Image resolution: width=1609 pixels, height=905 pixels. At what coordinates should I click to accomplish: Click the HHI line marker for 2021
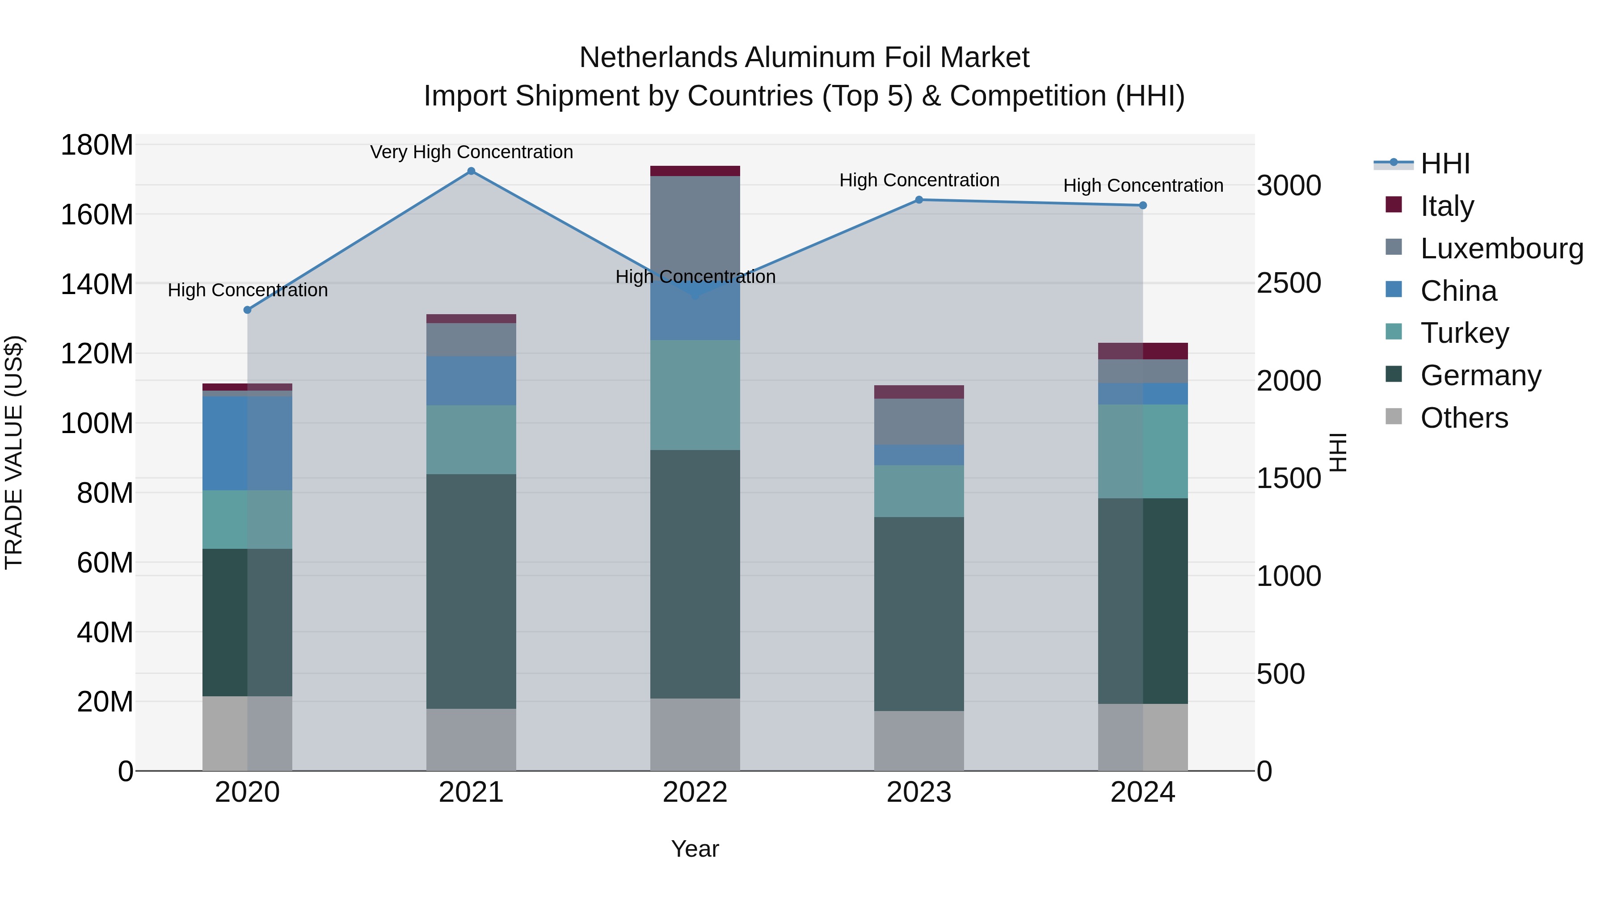tap(471, 171)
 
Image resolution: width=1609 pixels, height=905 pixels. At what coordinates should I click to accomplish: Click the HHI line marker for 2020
tap(247, 310)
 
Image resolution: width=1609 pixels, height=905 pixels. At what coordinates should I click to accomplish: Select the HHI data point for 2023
tap(919, 200)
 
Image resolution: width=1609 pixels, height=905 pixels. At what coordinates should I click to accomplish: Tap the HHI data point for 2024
tap(1142, 206)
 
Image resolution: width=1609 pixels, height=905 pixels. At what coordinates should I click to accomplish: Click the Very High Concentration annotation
tap(471, 152)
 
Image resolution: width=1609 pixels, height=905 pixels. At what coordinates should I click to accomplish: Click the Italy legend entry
tap(1447, 206)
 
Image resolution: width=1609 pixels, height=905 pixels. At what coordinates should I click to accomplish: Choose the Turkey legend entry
tap(1464, 333)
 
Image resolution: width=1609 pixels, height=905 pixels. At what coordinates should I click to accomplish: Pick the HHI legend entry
tap(1445, 164)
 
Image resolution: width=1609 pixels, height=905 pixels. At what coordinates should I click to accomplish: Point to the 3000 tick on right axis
tap(1288, 185)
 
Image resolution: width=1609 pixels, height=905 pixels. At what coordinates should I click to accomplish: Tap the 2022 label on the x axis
tap(695, 792)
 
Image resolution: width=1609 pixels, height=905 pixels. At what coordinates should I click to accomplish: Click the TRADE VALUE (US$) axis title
tap(14, 452)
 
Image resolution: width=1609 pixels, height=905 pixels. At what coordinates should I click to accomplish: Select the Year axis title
tap(695, 849)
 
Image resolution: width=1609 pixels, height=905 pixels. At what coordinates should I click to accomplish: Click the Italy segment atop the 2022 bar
tap(695, 171)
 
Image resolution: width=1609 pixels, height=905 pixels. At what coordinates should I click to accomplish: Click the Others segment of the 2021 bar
tap(471, 740)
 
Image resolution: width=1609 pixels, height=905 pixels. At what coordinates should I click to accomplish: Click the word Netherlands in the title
tap(658, 58)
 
